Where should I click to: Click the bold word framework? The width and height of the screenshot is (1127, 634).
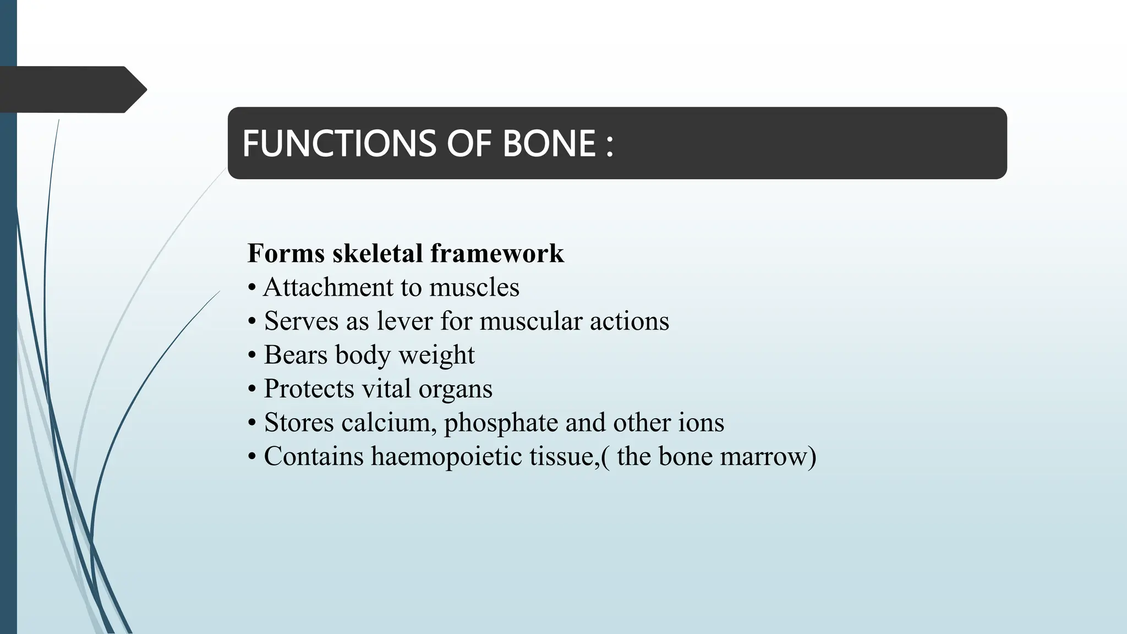tap(497, 254)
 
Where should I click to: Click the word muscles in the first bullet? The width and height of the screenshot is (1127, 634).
tap(474, 288)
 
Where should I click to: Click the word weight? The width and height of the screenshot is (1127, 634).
tap(436, 356)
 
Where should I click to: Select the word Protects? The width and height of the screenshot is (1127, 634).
tap(309, 389)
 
